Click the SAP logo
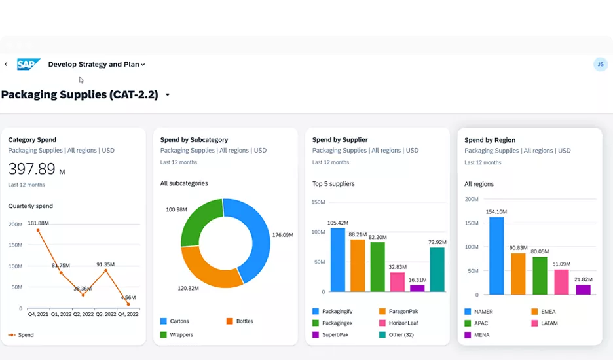point(29,64)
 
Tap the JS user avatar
point(600,64)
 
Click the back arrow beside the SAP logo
point(6,64)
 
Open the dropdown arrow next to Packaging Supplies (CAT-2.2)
point(168,95)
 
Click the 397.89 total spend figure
point(32,169)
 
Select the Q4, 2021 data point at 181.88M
point(38,230)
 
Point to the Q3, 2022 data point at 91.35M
point(105,270)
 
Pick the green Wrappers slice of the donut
point(196,223)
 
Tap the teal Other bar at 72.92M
point(437,269)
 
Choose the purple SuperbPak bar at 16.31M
point(417,288)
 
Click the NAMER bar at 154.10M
point(496,255)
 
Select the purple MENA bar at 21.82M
point(583,289)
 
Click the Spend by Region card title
point(490,140)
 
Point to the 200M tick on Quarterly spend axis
point(15,225)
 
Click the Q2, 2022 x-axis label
point(83,314)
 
